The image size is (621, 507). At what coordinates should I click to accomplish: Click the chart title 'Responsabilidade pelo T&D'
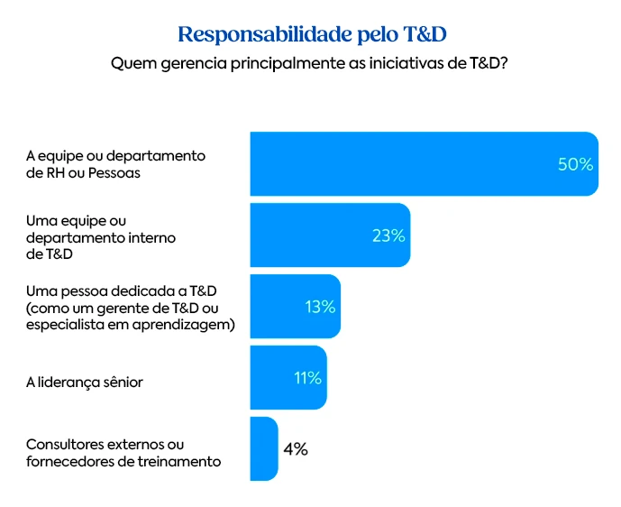click(312, 33)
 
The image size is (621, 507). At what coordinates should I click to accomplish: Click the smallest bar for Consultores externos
click(263, 448)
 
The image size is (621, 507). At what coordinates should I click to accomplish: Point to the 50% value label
click(575, 164)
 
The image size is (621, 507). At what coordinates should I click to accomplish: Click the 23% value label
click(388, 235)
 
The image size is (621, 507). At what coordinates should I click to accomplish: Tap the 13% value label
click(320, 307)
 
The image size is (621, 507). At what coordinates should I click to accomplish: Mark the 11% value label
click(307, 378)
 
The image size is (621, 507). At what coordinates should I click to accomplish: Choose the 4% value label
click(295, 448)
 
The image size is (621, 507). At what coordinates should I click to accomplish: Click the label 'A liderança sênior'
click(85, 383)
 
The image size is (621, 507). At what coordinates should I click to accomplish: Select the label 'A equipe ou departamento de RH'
click(115, 164)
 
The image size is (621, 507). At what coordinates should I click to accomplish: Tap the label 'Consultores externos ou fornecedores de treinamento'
click(123, 453)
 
